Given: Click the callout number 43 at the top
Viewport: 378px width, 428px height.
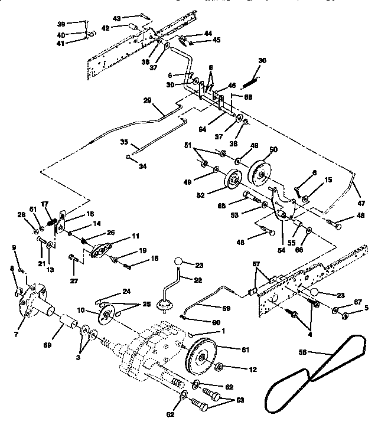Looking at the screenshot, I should tap(117, 19).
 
